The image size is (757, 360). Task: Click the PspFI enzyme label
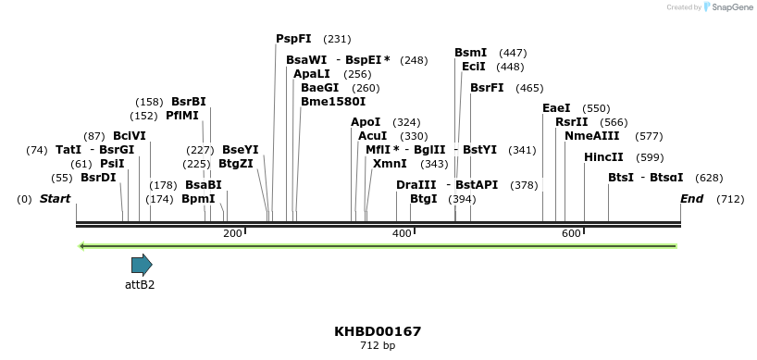click(293, 39)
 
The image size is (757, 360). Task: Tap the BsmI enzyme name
click(470, 53)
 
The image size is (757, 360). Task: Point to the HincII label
click(603, 157)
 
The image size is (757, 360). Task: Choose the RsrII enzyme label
click(571, 122)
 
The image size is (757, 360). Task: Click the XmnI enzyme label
click(390, 164)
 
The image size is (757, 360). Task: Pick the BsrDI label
click(98, 178)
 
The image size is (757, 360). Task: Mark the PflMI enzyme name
click(182, 116)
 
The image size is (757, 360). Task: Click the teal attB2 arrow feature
click(142, 265)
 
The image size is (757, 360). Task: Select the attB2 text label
click(140, 284)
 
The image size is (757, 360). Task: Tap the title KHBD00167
click(378, 331)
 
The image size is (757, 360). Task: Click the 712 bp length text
click(378, 345)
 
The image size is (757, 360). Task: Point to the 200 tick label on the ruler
click(232, 233)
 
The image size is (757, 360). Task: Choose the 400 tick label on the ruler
click(402, 233)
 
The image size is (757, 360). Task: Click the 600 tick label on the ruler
click(571, 233)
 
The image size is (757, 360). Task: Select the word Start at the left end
click(55, 199)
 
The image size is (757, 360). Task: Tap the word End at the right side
click(691, 199)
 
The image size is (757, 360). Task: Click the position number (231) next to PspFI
click(337, 39)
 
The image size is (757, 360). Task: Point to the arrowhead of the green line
click(83, 246)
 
